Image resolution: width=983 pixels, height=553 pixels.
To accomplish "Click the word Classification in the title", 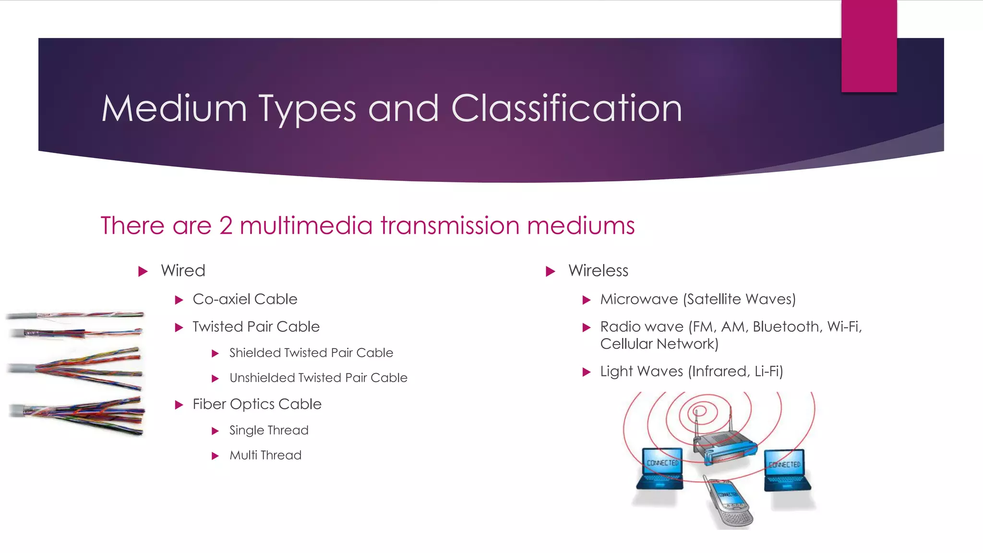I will click(x=566, y=108).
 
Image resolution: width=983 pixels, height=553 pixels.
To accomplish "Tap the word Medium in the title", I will click(x=174, y=108).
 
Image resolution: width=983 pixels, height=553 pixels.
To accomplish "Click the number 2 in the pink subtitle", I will click(x=226, y=226).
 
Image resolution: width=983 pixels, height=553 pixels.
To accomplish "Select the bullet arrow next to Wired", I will click(x=143, y=272).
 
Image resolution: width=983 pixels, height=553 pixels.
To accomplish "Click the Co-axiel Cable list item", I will click(x=245, y=299).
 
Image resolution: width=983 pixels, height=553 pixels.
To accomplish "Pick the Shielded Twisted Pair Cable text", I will click(x=311, y=353).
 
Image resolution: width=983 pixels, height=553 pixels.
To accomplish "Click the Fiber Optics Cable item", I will click(x=257, y=404).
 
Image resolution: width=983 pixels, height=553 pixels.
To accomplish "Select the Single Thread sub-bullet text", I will click(x=269, y=430).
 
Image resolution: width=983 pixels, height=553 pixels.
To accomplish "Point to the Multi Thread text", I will click(x=265, y=455).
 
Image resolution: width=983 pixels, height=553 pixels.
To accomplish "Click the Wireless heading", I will click(x=598, y=271).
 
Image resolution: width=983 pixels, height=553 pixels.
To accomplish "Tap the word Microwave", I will click(x=639, y=299).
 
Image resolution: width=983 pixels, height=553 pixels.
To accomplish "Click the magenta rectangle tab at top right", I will click(x=869, y=46).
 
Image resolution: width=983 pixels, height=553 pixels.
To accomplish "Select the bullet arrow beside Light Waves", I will click(x=586, y=372).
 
